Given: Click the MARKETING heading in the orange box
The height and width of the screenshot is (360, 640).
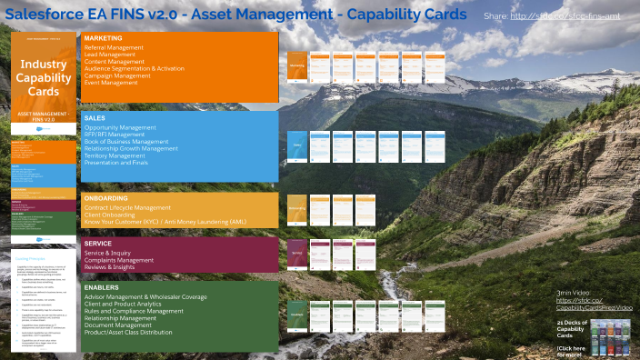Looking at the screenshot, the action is pos(103,38).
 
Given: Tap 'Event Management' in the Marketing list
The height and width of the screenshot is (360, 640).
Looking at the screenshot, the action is pos(114,82).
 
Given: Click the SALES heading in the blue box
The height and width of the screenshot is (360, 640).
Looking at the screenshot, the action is pos(95,118).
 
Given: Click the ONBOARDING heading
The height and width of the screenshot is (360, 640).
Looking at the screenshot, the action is pos(105,198).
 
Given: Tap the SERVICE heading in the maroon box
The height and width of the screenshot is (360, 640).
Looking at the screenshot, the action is pos(97,244).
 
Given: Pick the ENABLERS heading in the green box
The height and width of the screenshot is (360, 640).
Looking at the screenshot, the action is pos(101,287).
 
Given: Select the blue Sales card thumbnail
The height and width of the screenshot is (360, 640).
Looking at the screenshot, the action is pos(296,145).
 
